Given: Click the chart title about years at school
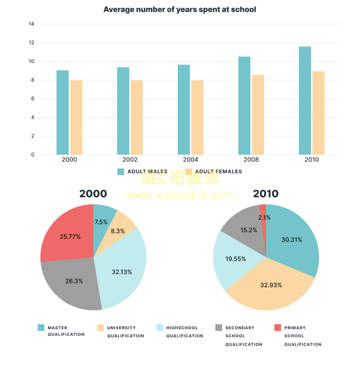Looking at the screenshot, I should click(x=179, y=10).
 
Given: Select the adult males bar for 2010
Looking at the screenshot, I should click(x=304, y=101).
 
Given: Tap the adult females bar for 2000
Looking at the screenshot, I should click(x=76, y=118).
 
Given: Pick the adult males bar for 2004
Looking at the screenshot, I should click(x=184, y=110).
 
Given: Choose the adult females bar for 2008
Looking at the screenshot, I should click(x=258, y=115).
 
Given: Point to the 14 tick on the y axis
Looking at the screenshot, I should click(x=32, y=24).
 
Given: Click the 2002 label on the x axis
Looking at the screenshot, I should click(x=130, y=160).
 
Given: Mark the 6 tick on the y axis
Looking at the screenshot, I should click(x=32, y=99).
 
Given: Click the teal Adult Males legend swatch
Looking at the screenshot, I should click(x=121, y=172).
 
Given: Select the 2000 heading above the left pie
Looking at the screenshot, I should click(x=93, y=194).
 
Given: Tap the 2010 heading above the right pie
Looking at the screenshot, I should click(x=266, y=194).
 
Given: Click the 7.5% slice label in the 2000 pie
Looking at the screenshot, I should click(x=101, y=222).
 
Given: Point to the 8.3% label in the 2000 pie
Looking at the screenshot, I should click(x=117, y=231).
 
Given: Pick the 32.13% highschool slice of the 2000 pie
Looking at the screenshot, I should click(x=122, y=272).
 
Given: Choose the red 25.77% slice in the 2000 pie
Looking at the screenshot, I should click(x=70, y=236).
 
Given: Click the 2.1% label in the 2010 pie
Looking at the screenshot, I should click(x=264, y=218).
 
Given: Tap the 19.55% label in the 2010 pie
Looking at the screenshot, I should click(x=236, y=258).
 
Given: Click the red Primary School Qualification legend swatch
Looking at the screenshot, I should click(x=277, y=328).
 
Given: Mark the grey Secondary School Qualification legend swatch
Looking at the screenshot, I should click(x=218, y=328).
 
